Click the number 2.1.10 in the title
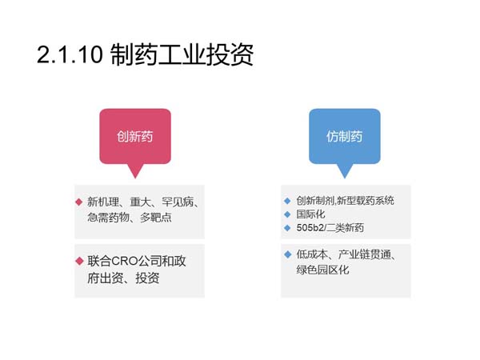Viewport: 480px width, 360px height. (70, 54)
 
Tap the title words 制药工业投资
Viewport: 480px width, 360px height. (182, 54)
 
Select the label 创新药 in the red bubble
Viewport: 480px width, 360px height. (134, 137)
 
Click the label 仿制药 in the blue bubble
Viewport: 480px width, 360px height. (344, 137)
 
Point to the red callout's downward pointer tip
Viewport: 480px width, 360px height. (135, 178)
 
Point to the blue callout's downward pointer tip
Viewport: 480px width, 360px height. (345, 178)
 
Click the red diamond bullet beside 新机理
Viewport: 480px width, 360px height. (79, 202)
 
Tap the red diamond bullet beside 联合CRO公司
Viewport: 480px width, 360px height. (79, 261)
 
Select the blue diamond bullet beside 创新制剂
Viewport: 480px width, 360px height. (287, 201)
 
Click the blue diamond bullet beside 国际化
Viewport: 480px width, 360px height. (287, 214)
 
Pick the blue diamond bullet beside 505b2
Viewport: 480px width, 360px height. (287, 228)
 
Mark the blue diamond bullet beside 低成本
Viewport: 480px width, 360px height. (288, 254)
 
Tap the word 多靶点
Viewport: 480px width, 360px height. (155, 218)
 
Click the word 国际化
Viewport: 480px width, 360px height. (310, 214)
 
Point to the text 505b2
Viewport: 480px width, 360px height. (310, 228)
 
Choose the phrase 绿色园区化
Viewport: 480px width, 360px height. (322, 270)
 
